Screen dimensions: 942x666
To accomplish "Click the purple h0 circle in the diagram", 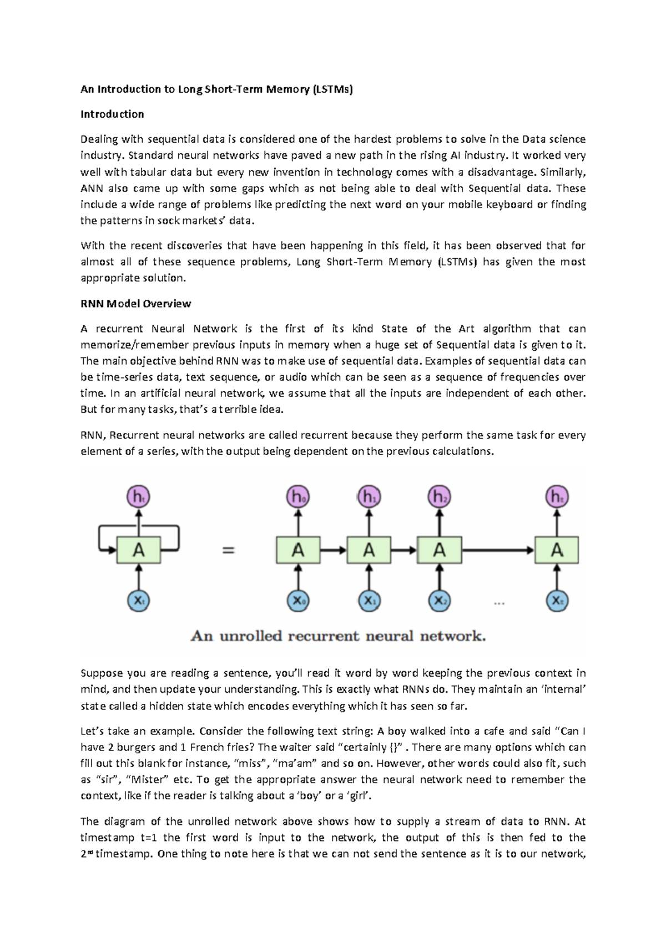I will [x=298, y=497].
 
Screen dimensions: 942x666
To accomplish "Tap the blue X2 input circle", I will [x=439, y=601].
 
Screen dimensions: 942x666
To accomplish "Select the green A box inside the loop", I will [x=138, y=550].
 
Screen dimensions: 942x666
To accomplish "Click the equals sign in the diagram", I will [x=229, y=550].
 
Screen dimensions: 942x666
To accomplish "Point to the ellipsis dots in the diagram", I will [x=499, y=603].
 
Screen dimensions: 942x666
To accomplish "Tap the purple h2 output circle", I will [x=439, y=497].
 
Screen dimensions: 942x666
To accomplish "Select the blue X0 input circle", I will [x=298, y=601].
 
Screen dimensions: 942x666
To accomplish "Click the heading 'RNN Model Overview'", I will [x=136, y=304].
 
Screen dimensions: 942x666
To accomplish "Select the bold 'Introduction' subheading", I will [x=112, y=114].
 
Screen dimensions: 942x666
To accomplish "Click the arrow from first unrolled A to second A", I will [x=333, y=550].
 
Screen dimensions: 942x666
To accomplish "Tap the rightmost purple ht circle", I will [x=557, y=497].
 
